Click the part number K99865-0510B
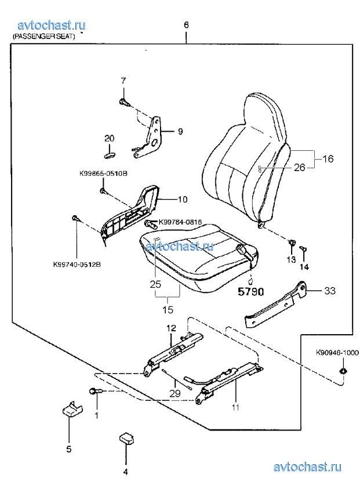[103, 173]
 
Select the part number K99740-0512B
[77, 264]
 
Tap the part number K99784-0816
[180, 222]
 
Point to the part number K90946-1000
[337, 353]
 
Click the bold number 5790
[251, 292]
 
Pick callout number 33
[330, 291]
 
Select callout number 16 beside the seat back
[328, 159]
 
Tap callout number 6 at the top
[186, 25]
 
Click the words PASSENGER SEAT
[43, 37]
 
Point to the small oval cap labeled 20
[110, 154]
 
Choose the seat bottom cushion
[199, 256]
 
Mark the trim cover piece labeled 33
[277, 306]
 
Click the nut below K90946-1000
[343, 371]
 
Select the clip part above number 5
[71, 408]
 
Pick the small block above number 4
[127, 437]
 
